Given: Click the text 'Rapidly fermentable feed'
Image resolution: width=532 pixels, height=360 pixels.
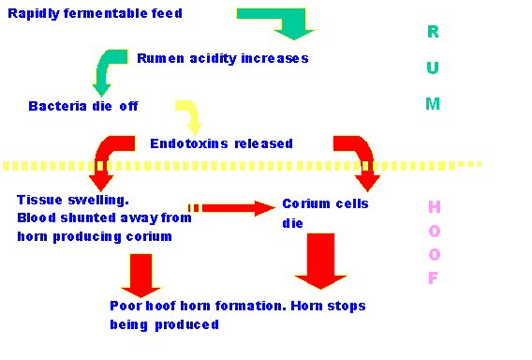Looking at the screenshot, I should [x=95, y=13].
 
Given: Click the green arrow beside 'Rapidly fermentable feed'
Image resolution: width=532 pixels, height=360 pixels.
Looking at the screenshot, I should [x=281, y=21].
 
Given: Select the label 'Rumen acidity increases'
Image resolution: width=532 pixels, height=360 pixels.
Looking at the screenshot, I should [x=223, y=58].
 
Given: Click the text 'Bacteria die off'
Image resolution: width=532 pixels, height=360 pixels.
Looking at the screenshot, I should [x=83, y=106].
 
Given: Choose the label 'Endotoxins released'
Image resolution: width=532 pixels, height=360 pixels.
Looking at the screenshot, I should [x=221, y=143].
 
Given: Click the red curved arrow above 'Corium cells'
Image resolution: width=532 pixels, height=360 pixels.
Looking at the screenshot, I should [x=358, y=157].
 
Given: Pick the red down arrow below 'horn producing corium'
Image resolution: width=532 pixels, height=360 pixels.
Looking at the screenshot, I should [x=141, y=275].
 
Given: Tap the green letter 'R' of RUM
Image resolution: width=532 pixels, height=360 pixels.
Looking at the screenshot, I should [x=432, y=32].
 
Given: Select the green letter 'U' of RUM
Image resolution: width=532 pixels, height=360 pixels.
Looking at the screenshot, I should [x=432, y=68].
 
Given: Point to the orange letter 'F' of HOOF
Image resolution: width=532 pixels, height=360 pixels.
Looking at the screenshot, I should [x=433, y=278].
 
